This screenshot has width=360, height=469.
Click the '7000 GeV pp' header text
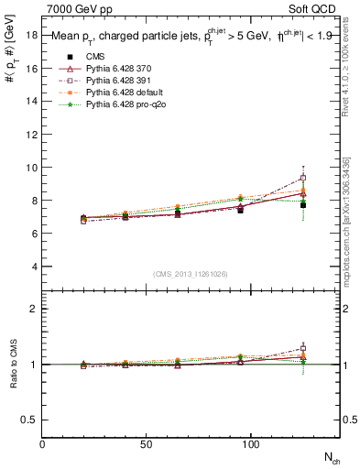(x=77, y=7)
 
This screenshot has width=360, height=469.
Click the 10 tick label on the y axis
(x=31, y=168)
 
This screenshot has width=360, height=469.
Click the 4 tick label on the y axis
(x=34, y=267)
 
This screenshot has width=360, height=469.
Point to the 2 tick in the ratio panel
(x=34, y=309)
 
